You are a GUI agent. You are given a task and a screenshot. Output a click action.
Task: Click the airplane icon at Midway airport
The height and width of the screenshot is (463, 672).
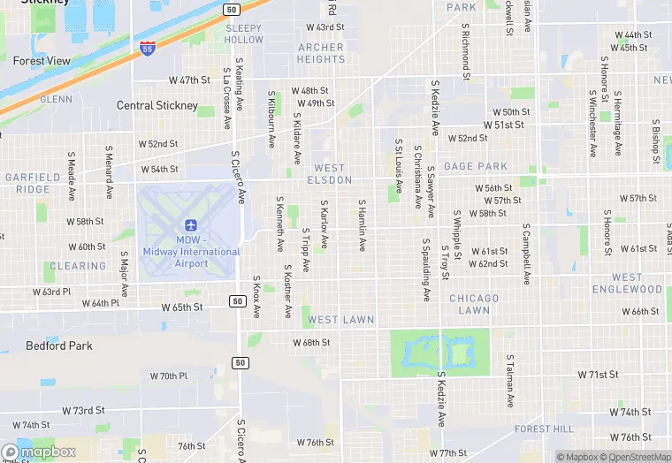(190, 224)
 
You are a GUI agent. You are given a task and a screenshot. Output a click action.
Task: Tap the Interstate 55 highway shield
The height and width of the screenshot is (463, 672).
(146, 48)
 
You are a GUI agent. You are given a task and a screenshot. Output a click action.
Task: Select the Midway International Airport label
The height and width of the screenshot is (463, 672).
(191, 251)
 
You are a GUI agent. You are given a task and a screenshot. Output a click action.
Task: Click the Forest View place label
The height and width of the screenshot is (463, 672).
(42, 61)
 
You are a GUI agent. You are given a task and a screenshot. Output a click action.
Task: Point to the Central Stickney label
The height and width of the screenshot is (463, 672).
(157, 106)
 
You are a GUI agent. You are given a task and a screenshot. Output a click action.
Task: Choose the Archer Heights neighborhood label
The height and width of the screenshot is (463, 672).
(321, 53)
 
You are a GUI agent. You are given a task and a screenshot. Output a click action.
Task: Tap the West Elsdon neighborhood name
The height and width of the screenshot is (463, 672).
(329, 174)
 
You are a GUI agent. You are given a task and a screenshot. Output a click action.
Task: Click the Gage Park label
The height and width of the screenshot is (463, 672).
(476, 166)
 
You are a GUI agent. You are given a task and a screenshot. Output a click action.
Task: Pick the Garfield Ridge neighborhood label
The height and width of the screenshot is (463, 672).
(27, 183)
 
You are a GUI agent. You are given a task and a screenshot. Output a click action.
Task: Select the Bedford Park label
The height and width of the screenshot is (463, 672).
(59, 345)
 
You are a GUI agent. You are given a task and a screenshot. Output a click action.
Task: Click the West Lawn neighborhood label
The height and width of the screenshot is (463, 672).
(341, 319)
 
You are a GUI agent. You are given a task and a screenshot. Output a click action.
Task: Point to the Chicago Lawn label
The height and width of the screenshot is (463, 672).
(474, 304)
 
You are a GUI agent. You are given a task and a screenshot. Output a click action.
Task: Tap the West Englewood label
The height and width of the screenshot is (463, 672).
(627, 283)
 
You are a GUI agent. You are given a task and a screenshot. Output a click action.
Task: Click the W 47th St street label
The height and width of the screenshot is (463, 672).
(189, 80)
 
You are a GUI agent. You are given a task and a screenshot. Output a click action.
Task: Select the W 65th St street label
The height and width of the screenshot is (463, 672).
(182, 307)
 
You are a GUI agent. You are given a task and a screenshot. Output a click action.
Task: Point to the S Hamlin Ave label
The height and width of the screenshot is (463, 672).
(362, 224)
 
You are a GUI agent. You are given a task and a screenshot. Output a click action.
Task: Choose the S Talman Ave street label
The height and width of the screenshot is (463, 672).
(510, 381)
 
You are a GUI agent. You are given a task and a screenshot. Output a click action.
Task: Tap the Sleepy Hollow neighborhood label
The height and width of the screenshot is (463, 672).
(244, 34)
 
